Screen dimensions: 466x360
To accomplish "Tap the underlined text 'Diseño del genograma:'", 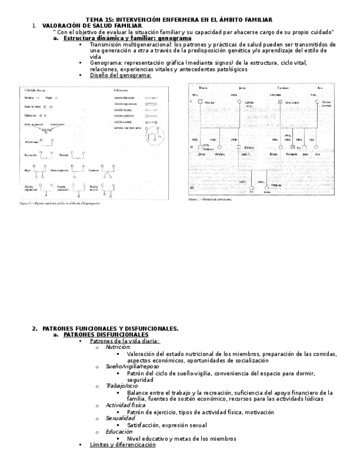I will coord(120,75).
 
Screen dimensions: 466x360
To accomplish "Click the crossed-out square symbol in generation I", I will coord(281,102).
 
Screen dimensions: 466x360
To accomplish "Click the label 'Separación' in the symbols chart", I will coord(32,155).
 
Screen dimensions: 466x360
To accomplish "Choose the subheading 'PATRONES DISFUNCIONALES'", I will coord(106,334).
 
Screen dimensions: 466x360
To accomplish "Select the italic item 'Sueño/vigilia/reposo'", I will coord(130,366).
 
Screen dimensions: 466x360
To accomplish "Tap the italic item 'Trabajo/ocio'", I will coord(121,386).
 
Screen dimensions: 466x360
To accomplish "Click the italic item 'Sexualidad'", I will coord(120,418).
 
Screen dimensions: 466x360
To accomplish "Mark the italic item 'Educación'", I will coord(119,431).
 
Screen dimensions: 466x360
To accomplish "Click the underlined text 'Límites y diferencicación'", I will coord(123,445).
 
